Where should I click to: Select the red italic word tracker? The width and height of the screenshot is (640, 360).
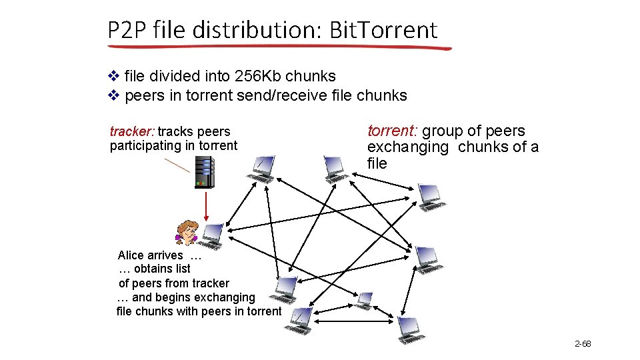(x=132, y=131)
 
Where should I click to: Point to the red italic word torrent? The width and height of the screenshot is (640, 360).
(x=393, y=131)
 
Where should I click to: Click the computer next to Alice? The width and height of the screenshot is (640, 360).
(x=213, y=235)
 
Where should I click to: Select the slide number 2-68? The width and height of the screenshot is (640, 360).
(x=583, y=344)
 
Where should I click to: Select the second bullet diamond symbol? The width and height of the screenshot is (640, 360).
(x=113, y=95)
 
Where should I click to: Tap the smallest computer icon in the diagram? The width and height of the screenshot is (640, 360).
(x=365, y=301)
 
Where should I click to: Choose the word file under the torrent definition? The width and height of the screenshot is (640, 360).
(x=377, y=163)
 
